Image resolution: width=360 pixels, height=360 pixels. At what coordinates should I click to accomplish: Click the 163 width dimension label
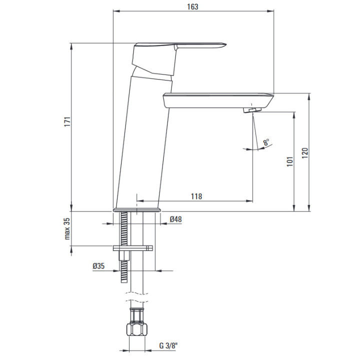[192, 6]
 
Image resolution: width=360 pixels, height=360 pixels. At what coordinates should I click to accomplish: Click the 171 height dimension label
[67, 121]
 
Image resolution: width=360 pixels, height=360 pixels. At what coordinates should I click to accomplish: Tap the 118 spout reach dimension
[197, 196]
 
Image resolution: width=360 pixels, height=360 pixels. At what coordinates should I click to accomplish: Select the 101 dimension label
[290, 161]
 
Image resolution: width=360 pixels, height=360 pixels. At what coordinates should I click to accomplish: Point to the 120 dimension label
[304, 153]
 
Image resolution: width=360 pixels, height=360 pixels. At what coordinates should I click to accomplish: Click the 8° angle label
[266, 142]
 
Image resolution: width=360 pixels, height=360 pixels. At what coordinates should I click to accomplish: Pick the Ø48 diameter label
[176, 219]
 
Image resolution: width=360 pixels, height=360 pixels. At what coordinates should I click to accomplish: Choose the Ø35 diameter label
[98, 266]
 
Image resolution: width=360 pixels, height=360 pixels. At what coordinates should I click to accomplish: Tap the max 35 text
[67, 228]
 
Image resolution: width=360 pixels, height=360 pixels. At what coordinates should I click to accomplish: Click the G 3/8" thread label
[169, 345]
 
